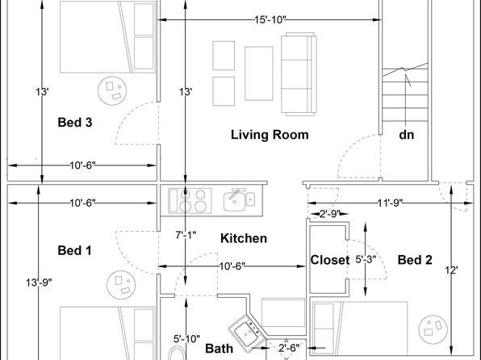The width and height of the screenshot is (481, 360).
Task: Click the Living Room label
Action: coord(270,135)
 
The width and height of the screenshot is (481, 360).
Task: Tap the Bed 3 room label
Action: coord(75,122)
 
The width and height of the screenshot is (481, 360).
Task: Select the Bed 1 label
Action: coord(74,250)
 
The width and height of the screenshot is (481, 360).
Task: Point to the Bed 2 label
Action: coord(415,260)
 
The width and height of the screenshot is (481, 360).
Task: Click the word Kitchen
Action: coord(244,238)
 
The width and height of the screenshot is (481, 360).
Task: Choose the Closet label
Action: coord(330,260)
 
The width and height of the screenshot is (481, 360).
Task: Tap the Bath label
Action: coord(219,349)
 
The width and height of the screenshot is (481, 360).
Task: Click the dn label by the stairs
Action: coord(407,135)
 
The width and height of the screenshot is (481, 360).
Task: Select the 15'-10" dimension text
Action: coord(270,19)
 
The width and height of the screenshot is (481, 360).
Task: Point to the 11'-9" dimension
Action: coord(390,203)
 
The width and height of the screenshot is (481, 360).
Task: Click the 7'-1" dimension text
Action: coord(186,235)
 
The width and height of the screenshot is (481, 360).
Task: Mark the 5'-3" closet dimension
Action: coord(366,260)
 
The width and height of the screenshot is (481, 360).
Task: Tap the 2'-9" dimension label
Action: coord(330,214)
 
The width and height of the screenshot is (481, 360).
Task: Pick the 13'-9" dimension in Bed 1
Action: coord(39,283)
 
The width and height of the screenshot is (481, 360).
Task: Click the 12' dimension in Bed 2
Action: coord(452,270)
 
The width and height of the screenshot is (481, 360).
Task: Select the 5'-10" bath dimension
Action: coord(186,339)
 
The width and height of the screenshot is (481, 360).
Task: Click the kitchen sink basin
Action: coord(235,201)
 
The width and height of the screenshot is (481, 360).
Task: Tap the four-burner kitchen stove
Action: coord(190,201)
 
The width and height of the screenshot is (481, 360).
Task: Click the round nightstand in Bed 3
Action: coord(112,91)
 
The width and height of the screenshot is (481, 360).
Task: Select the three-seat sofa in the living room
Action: coord(299,74)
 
